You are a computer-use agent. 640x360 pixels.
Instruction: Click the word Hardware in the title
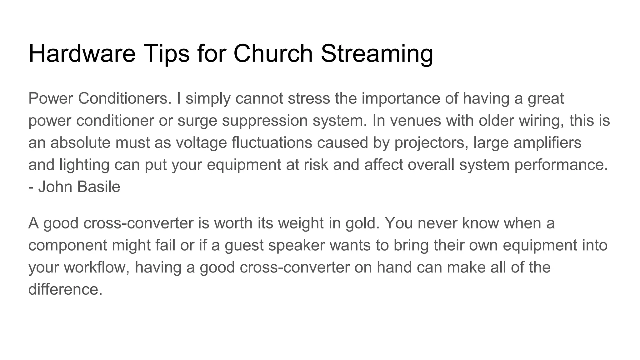coord(82,53)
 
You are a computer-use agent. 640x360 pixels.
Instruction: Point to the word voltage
coord(201,143)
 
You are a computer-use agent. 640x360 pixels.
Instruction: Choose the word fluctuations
coord(272,142)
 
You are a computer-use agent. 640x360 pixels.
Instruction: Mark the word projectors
coord(431,143)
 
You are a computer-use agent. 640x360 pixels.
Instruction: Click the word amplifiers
coord(547,143)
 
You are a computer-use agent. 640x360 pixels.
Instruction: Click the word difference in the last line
coord(65,289)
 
